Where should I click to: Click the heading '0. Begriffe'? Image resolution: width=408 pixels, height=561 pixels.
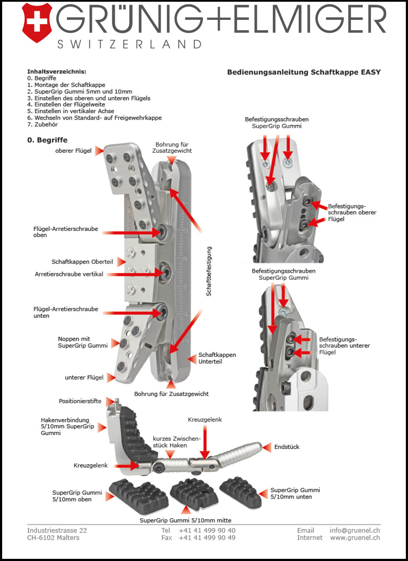click(x=47, y=140)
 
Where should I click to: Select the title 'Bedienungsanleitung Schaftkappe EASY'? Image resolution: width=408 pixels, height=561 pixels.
click(x=304, y=72)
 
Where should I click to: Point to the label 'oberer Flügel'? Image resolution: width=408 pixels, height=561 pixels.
click(x=73, y=151)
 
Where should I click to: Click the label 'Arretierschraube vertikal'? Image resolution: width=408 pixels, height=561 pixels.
click(x=69, y=274)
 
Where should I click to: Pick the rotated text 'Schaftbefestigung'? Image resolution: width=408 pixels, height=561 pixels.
click(x=209, y=271)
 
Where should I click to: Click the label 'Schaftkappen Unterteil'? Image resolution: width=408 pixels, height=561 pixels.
click(x=217, y=358)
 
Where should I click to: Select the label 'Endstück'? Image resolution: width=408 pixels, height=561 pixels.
click(x=287, y=447)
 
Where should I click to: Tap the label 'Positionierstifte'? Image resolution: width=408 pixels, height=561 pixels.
click(x=80, y=401)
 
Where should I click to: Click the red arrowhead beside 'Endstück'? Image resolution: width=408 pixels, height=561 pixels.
click(x=267, y=447)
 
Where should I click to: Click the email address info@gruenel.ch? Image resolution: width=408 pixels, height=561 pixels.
click(x=354, y=530)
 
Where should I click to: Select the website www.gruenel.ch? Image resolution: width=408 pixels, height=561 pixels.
click(x=355, y=538)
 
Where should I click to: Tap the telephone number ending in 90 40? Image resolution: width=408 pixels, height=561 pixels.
click(x=207, y=530)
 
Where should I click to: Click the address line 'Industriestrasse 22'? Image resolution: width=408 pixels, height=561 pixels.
click(x=57, y=530)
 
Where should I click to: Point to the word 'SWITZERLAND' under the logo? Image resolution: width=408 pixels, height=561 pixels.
click(x=130, y=44)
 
